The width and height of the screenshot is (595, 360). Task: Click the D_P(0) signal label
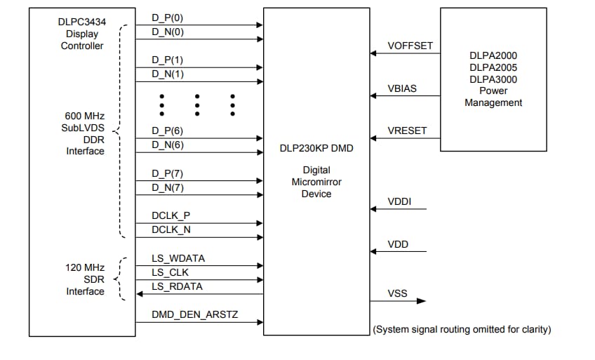point(168,18)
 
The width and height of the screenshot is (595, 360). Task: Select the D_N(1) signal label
point(168,74)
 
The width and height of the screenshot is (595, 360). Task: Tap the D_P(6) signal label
point(168,131)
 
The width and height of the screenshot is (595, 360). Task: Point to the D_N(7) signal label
point(168,187)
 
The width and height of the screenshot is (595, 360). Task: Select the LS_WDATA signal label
point(178,258)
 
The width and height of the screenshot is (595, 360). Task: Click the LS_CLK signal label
point(170,272)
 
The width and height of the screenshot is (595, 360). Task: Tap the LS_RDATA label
point(177,286)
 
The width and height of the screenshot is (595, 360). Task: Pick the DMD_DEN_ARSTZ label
point(194,315)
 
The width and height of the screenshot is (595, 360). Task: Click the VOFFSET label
point(410,46)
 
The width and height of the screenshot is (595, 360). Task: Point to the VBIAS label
point(403,89)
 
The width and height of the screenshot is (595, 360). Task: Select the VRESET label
point(407,131)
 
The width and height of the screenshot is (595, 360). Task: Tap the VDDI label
point(399,202)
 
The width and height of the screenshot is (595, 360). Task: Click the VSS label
point(397,293)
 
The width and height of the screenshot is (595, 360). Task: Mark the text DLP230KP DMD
point(316,149)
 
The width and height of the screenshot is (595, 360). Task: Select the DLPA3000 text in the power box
point(493,79)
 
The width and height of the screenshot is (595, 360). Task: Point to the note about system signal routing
point(461,329)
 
